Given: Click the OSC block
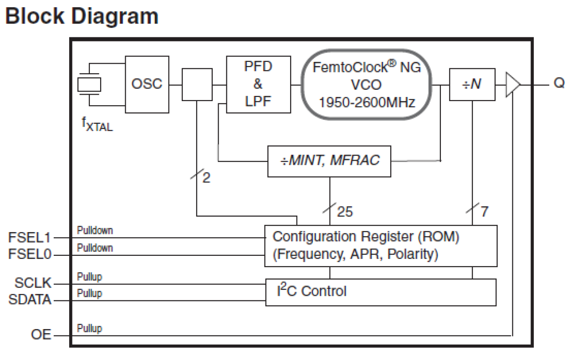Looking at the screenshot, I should pyautogui.click(x=147, y=84).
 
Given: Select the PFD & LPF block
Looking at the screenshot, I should pyautogui.click(x=258, y=84).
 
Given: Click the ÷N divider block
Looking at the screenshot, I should pyautogui.click(x=472, y=84).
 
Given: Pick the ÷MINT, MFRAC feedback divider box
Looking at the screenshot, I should pyautogui.click(x=329, y=161).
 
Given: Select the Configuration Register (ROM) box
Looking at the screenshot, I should pyautogui.click(x=381, y=245).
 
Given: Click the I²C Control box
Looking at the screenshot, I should pyautogui.click(x=381, y=292).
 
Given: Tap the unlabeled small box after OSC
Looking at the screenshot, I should pyautogui.click(x=197, y=84).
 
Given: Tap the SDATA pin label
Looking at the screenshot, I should pyautogui.click(x=30, y=300).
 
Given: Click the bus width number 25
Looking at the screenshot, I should pyautogui.click(x=345, y=212).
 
